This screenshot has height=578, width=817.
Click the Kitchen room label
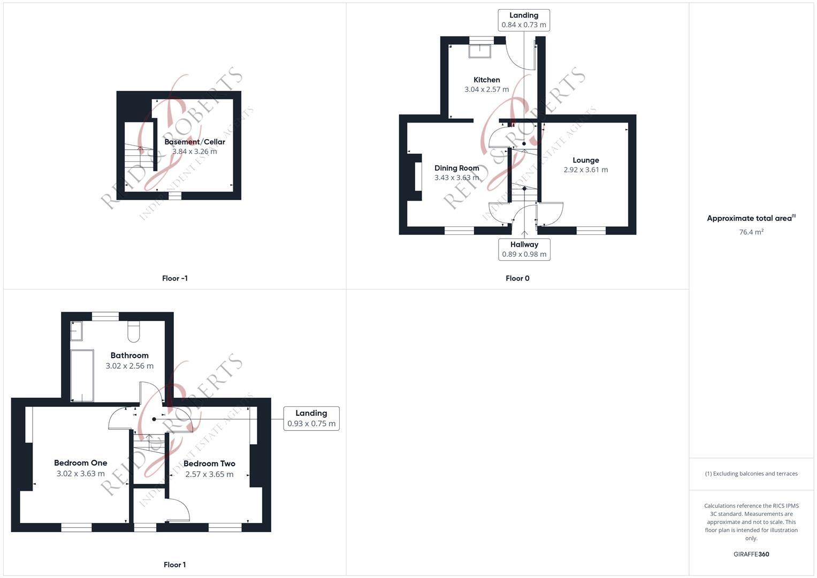tap(486, 80)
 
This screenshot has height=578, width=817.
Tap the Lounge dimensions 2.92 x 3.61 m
tap(585, 170)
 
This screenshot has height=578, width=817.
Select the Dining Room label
tap(456, 168)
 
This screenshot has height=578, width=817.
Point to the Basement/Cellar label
tap(195, 142)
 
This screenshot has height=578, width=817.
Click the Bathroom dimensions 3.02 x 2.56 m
tap(129, 366)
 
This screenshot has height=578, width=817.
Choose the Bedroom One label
tap(80, 463)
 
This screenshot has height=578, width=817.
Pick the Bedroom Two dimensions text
tap(209, 474)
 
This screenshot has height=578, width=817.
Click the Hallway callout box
tap(524, 249)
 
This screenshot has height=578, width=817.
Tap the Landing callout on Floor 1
tap(311, 418)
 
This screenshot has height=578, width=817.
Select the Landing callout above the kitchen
tap(524, 20)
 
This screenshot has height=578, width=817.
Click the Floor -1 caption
tap(174, 278)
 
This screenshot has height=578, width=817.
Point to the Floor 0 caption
tap(517, 278)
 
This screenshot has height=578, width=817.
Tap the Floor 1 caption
tap(174, 565)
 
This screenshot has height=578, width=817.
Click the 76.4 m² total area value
tap(751, 232)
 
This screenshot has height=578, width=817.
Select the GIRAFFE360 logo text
tap(751, 554)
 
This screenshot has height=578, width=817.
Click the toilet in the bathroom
tap(134, 332)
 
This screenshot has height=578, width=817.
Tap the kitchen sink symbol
tap(479, 50)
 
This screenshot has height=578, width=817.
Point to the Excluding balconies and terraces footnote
tap(751, 474)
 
